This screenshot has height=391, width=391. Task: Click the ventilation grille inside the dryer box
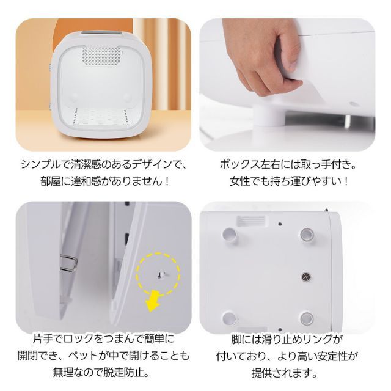tap(101, 58)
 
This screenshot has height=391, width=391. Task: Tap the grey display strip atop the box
tap(102, 34)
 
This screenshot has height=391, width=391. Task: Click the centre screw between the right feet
tap(306, 276)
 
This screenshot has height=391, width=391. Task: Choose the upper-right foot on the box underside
tap(306, 234)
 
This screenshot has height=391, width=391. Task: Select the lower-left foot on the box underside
tap(230, 318)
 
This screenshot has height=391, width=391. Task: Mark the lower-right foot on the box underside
tap(306, 318)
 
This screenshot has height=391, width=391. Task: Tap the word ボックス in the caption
tap(237, 164)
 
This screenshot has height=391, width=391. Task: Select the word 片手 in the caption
tap(42, 338)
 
